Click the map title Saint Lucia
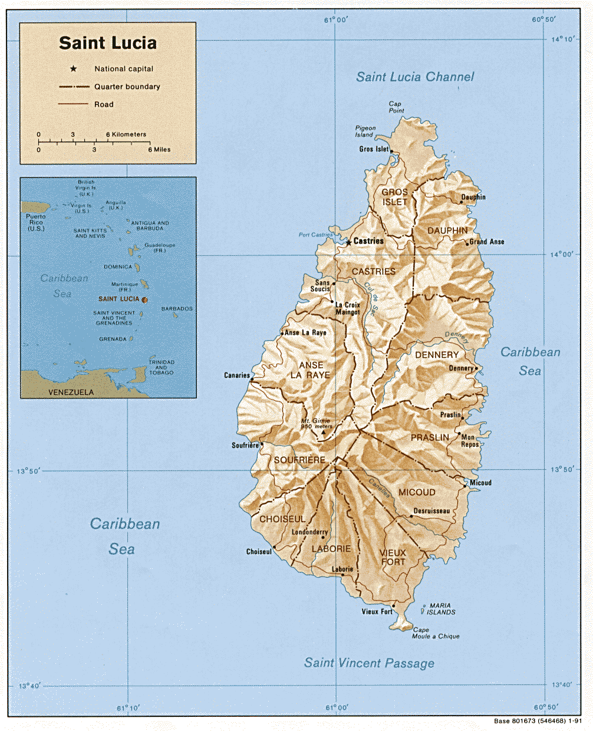click(108, 43)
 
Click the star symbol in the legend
click(74, 69)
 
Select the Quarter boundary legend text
click(127, 87)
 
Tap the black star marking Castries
click(348, 242)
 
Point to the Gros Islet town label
click(374, 149)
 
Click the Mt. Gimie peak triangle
click(322, 433)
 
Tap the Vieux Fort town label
click(377, 611)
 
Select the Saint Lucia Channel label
click(415, 77)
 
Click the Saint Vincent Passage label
click(369, 663)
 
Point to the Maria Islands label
click(441, 609)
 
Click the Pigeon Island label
click(365, 131)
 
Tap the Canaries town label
click(236, 375)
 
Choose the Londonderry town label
click(309, 532)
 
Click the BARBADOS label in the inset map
click(177, 309)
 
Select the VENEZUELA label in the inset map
click(71, 392)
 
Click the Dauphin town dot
click(462, 202)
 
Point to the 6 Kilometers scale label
click(126, 134)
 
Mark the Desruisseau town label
click(431, 511)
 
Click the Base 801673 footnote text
click(538, 721)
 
